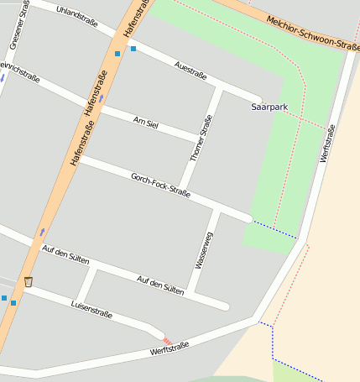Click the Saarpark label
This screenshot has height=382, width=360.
tap(269, 107)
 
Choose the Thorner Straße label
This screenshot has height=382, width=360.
tap(201, 139)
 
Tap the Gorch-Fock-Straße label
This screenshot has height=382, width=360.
tap(160, 186)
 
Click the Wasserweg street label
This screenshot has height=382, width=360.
tap(204, 249)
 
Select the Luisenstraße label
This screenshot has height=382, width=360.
tap(91, 307)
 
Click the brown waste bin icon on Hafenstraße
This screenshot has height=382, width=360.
tap(29, 281)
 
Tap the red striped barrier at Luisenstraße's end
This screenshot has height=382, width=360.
tap(167, 340)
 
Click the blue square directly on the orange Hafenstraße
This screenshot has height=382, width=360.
tap(117, 54)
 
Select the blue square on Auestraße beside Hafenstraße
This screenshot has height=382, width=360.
tap(133, 49)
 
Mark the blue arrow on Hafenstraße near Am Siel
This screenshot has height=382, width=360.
tap(102, 98)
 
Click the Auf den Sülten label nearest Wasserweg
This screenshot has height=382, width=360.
tap(160, 284)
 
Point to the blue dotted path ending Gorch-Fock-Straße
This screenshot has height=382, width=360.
tap(274, 228)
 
